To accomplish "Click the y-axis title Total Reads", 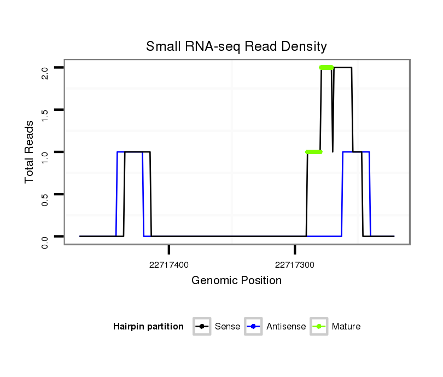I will pos(31,152).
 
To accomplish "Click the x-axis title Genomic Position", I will pos(236,281).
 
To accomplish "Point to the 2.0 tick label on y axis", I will pos(45,72).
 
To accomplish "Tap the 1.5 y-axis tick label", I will pos(45,114).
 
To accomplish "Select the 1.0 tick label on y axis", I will pos(45,156).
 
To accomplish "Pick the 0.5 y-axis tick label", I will pos(45,198).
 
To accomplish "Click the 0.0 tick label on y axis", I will pos(45,240).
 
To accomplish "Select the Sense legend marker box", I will pos(202,327).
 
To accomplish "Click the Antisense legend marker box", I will pos(254,327).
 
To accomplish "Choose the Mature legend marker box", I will pos(319,327).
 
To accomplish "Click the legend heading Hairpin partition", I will pos(148,327).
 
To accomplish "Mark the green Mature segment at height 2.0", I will pos(327,68).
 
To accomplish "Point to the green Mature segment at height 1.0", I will pos(314,152).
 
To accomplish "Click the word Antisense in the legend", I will pos(286,327).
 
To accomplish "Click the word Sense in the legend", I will pos(228,327).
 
